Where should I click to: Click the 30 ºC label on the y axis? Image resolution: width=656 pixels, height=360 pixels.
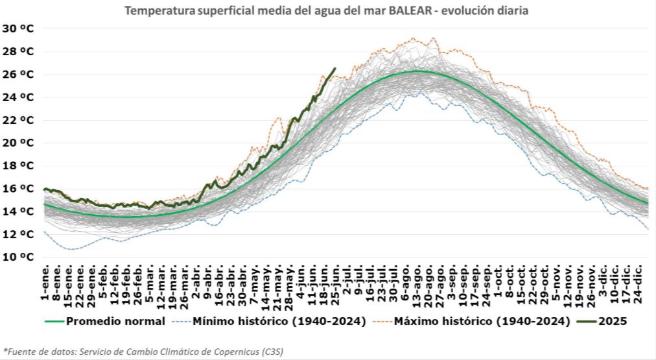18,29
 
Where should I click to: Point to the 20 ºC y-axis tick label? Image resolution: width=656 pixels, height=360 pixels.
18,143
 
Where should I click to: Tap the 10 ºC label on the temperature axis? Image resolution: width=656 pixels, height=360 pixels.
18,257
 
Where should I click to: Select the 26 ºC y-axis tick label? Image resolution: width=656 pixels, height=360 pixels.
18,75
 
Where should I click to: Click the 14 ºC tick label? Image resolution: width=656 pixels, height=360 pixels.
18,211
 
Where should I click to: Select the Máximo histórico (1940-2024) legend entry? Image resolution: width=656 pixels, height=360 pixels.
482,320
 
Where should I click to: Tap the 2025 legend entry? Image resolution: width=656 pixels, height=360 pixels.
614,320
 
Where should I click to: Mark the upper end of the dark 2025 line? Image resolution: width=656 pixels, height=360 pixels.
334,68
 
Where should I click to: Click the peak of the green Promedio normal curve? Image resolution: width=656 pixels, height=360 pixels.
417,71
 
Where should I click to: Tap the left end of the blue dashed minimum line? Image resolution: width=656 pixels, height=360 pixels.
45,232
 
